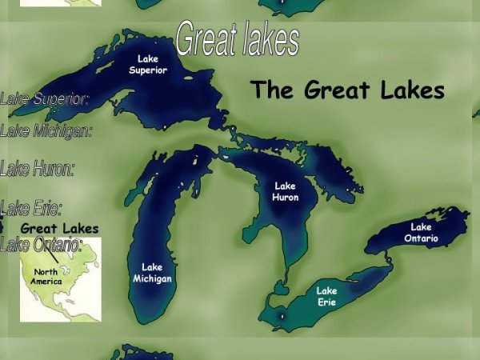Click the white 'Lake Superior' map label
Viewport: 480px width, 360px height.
point(148,64)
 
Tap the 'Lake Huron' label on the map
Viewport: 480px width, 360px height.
point(286,191)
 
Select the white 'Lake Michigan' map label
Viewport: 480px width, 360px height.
point(152,273)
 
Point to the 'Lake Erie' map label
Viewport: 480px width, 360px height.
point(326,296)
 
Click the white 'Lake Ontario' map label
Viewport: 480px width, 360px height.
point(421,233)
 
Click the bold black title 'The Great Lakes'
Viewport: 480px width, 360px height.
point(347,90)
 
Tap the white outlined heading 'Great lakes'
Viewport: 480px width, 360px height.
point(237,38)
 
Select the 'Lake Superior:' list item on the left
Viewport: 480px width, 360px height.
point(44,99)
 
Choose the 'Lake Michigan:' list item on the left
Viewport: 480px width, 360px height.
point(46,130)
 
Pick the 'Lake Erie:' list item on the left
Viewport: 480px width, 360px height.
point(31,210)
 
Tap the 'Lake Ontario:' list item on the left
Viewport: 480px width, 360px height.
point(42,244)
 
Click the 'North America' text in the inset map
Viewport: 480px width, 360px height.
point(46,276)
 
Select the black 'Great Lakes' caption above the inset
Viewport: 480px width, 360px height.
point(59,229)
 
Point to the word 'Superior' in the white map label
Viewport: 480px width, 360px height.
point(148,70)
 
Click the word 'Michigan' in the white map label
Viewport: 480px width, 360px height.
point(152,278)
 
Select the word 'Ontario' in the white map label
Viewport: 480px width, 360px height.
point(421,238)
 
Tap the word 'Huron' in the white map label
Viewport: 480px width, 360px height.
point(286,197)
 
